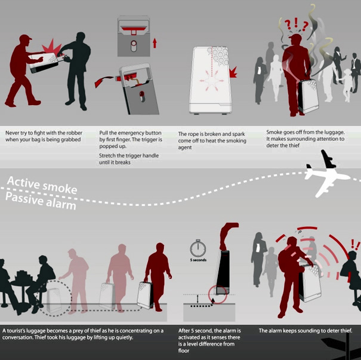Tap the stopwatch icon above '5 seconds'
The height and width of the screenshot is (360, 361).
click(x=198, y=248)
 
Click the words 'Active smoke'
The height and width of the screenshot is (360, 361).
click(x=42, y=185)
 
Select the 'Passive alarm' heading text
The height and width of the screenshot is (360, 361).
click(x=41, y=201)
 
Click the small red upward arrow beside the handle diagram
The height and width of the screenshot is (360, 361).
click(x=155, y=43)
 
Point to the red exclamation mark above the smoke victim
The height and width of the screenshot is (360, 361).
click(x=296, y=23)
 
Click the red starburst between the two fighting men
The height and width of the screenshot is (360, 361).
click(x=51, y=48)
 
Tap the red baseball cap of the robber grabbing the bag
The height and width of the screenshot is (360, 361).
click(x=25, y=38)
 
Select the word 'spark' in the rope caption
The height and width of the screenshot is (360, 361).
click(x=239, y=134)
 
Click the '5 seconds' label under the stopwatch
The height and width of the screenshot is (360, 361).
click(x=198, y=260)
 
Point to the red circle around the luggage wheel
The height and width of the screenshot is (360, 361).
click(x=218, y=294)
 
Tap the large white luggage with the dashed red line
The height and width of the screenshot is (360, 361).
click(x=210, y=80)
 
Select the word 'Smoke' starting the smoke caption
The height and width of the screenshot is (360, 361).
click(x=274, y=132)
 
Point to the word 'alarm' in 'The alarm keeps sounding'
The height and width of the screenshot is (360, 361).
click(x=274, y=331)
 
